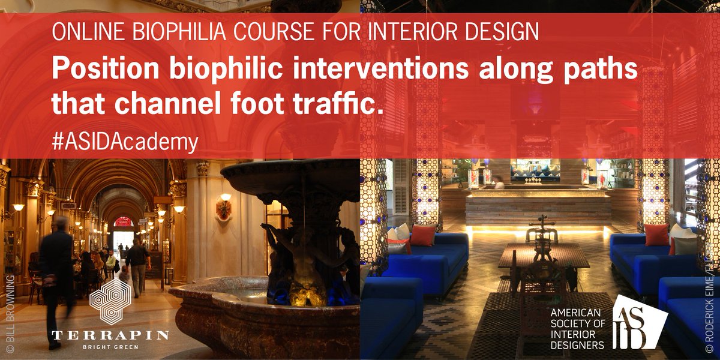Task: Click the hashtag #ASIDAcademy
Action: (125, 142)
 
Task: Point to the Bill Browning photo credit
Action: (8, 318)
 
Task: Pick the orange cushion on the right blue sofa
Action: (656, 235)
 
